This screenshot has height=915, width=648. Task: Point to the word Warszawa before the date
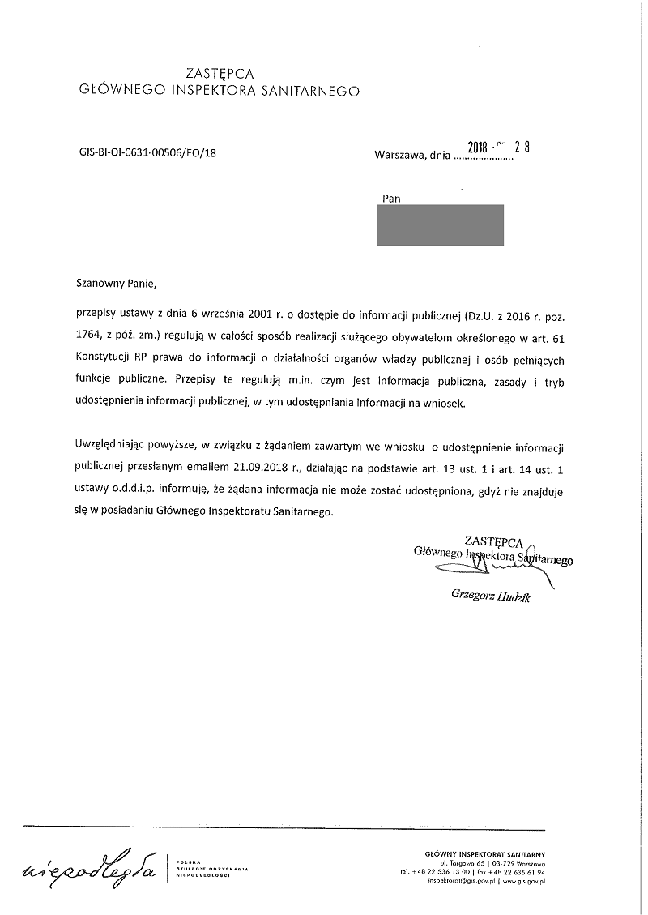(x=399, y=156)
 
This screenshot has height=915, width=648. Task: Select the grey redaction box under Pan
(x=440, y=224)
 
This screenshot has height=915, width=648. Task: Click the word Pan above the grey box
(x=390, y=197)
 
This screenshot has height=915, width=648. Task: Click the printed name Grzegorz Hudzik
(x=491, y=598)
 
